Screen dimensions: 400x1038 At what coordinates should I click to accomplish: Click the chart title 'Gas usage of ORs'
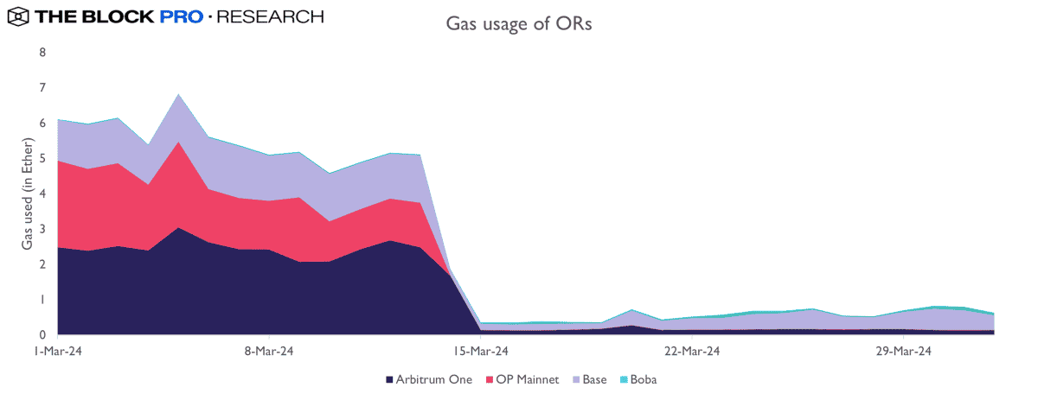[518, 23]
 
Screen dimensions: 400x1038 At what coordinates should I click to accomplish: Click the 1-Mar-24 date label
[58, 352]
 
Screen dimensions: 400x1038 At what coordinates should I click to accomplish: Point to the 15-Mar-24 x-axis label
[481, 352]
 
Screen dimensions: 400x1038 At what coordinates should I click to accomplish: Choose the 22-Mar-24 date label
[692, 352]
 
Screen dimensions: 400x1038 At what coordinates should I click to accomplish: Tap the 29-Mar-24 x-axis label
[903, 352]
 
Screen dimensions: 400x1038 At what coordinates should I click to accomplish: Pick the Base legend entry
[594, 379]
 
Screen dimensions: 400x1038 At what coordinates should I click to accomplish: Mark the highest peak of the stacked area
[177, 94]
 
